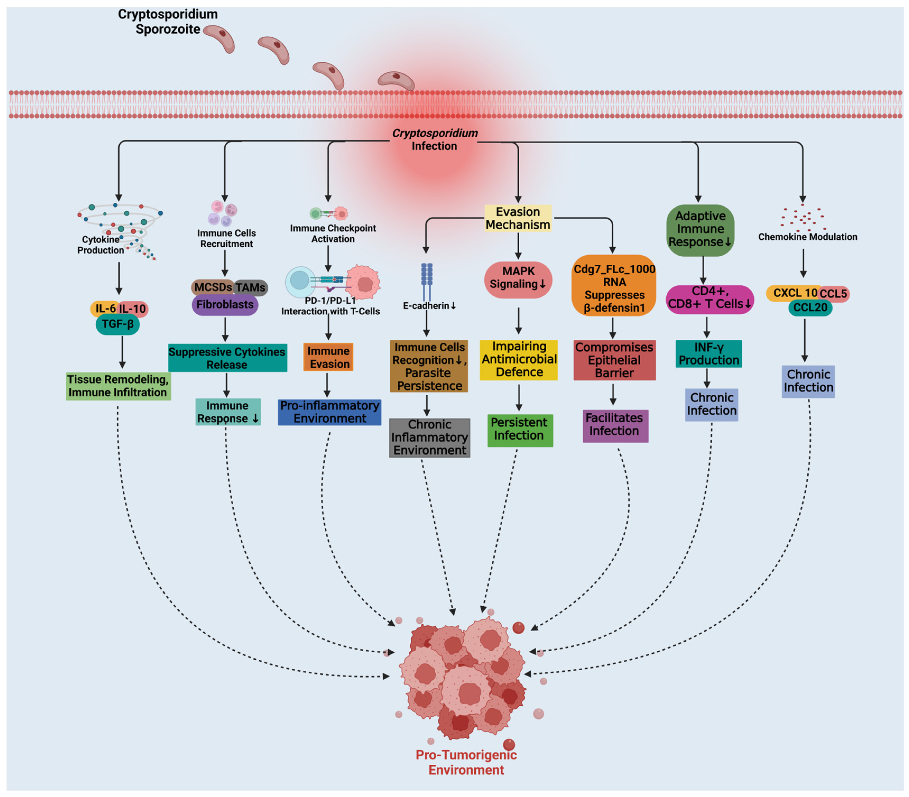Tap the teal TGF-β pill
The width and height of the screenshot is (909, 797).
click(117, 324)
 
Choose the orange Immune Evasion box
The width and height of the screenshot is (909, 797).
click(329, 357)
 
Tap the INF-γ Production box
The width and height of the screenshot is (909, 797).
click(708, 354)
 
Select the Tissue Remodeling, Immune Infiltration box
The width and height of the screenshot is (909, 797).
click(118, 386)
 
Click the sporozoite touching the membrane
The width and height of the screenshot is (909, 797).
click(396, 81)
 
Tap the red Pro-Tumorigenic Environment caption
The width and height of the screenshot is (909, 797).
click(466, 762)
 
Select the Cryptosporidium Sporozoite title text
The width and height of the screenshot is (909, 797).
click(168, 21)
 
